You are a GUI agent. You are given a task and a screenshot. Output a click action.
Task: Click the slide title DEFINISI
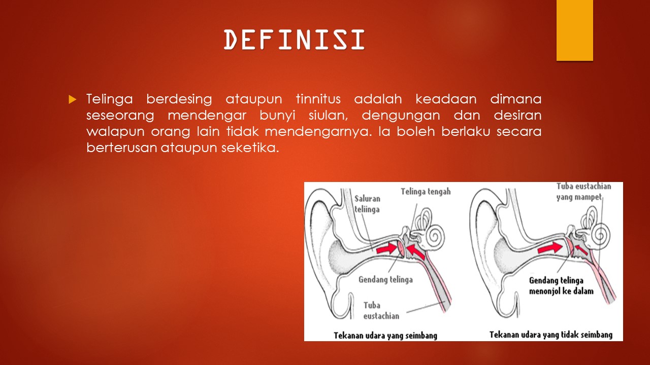[294, 40]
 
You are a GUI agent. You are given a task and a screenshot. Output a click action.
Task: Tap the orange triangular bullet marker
[72, 100]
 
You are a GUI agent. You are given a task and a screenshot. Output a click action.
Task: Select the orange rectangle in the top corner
[574, 30]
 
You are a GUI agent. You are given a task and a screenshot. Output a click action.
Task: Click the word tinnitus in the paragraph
[318, 99]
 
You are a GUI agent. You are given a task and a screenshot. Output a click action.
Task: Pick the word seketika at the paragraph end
[250, 148]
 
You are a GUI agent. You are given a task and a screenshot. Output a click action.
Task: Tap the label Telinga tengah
[426, 192]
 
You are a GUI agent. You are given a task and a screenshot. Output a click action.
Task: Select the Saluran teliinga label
[367, 204]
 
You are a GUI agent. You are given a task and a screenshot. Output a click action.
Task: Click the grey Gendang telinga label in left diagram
[385, 279]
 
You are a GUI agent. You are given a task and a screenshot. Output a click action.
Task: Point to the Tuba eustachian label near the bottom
[381, 310]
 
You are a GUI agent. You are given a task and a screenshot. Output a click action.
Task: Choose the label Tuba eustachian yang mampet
[584, 192]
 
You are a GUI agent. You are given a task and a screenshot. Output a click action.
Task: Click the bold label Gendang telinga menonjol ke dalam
[561, 285]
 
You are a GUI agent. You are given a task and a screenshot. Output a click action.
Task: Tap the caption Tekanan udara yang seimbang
[385, 335]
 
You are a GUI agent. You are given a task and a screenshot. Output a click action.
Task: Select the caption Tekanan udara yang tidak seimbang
[551, 335]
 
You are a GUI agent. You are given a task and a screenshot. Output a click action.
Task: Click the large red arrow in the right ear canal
[550, 248]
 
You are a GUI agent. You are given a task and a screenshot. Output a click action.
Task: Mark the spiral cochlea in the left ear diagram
[436, 236]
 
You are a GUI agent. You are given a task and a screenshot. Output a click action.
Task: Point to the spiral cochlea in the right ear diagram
[601, 235]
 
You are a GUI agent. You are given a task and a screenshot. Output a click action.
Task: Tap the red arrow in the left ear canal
[387, 249]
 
